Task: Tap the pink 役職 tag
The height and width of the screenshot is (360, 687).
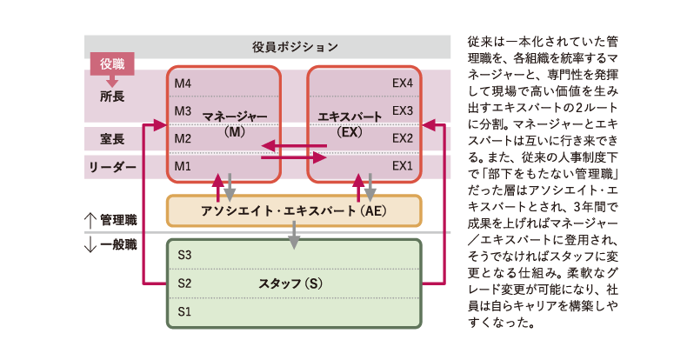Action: [112, 63]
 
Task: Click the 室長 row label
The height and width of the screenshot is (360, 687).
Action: [112, 137]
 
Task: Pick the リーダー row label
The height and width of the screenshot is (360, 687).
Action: [112, 165]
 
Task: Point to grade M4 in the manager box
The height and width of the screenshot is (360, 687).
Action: [183, 83]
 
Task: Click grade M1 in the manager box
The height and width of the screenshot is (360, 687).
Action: [183, 165]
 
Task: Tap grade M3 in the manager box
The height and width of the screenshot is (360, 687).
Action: [183, 110]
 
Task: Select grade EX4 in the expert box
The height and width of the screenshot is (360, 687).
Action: [402, 83]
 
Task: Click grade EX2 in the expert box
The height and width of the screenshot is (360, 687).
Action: [402, 138]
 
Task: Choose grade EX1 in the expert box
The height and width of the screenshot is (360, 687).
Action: [402, 165]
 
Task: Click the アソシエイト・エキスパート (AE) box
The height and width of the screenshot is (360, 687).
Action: [294, 210]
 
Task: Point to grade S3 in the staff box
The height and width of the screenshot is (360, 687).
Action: [183, 256]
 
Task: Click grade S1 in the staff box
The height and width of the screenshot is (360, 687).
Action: [183, 310]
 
